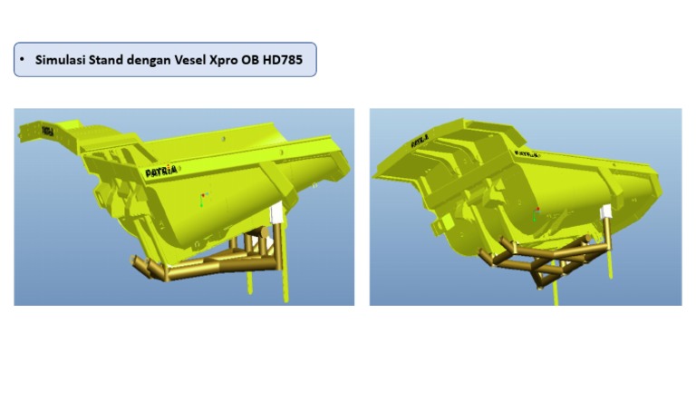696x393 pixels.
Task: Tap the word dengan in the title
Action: pyautogui.click(x=163, y=60)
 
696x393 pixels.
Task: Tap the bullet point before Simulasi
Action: pyautogui.click(x=22, y=60)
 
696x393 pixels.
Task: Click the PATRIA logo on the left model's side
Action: pyautogui.click(x=161, y=170)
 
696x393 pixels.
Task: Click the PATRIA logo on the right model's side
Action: pyautogui.click(x=527, y=156)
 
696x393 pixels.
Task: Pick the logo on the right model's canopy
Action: pyautogui.click(x=420, y=141)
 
